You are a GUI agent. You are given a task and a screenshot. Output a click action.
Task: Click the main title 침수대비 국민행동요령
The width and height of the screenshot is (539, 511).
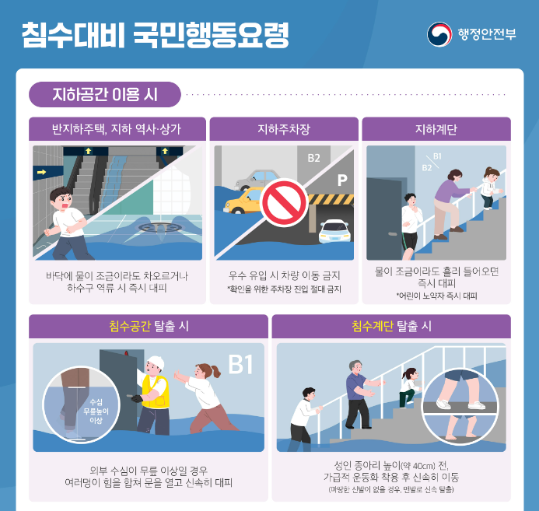pyautogui.click(x=155, y=35)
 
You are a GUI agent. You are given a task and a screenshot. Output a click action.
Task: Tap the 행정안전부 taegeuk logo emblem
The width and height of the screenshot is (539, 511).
pyautogui.click(x=439, y=34)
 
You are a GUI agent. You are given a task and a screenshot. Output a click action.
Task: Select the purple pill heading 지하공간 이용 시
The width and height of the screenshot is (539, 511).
pyautogui.click(x=105, y=95)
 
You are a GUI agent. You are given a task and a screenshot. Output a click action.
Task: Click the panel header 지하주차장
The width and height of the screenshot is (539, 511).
pyautogui.click(x=284, y=129)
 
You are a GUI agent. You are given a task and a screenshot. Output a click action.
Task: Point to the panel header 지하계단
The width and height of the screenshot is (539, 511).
pyautogui.click(x=436, y=129)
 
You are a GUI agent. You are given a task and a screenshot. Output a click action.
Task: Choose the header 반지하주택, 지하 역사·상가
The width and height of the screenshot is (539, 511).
pyautogui.click(x=117, y=129)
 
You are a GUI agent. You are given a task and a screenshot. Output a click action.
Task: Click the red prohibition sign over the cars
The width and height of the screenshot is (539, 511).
pyautogui.click(x=283, y=203)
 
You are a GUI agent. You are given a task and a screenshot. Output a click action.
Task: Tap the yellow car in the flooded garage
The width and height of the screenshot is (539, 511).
pyautogui.click(x=243, y=202)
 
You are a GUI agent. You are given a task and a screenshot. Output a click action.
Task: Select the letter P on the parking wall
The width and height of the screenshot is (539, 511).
pyautogui.click(x=341, y=180)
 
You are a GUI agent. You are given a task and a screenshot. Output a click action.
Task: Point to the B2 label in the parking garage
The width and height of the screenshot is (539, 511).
pyautogui.click(x=313, y=158)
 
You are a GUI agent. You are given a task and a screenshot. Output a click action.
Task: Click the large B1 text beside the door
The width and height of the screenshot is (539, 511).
pyautogui.click(x=240, y=365)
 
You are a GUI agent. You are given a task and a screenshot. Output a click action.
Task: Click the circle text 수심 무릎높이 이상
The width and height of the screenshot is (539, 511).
pyautogui.click(x=96, y=410)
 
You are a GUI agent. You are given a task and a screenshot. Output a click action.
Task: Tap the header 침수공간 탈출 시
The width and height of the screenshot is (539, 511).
pyautogui.click(x=149, y=327)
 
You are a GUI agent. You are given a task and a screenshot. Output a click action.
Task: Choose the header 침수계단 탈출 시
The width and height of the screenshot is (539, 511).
pyautogui.click(x=391, y=327)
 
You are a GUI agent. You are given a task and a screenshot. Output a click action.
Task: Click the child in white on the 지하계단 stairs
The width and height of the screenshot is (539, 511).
pyautogui.click(x=489, y=185)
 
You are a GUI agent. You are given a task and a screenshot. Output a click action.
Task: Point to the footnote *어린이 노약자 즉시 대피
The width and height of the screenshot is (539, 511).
pyautogui.click(x=436, y=296)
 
